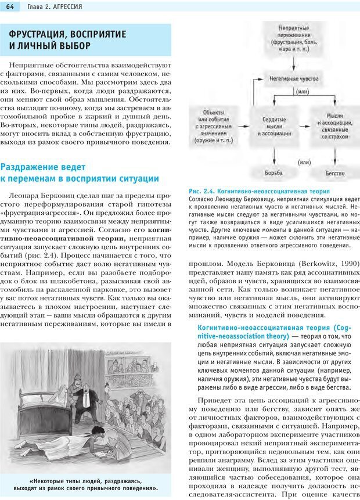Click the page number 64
[10, 6]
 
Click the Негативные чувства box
[286, 77]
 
